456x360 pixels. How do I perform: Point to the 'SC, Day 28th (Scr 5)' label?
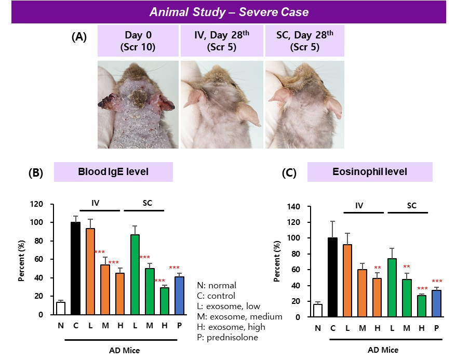pyautogui.click(x=305, y=41)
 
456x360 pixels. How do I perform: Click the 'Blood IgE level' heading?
pyautogui.click(x=113, y=172)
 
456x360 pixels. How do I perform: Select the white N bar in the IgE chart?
pyautogui.click(x=60, y=308)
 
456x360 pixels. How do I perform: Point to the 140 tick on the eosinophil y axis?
pyautogui.click(x=294, y=207)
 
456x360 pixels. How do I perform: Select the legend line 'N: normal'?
pyautogui.click(x=217, y=285)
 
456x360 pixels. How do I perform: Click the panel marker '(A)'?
pyautogui.click(x=79, y=36)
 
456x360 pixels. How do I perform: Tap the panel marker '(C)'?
pyautogui.click(x=289, y=173)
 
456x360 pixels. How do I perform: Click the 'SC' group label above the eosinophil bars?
pyautogui.click(x=411, y=206)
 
